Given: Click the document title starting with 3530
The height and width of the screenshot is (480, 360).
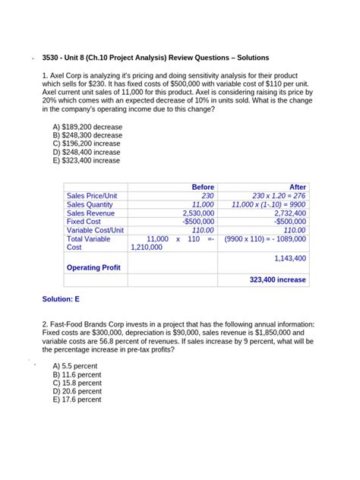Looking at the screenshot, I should (156, 58).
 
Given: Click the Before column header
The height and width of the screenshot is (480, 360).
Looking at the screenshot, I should (203, 187).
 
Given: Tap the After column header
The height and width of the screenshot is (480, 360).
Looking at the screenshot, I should (298, 187).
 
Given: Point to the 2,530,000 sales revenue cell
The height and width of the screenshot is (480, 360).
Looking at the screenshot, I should (198, 213).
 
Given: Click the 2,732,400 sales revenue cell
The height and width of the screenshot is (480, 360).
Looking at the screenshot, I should (289, 213).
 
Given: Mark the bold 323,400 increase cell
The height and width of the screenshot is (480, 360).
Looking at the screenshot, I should (278, 279).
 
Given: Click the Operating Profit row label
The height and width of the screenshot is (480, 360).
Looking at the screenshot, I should (93, 267).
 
